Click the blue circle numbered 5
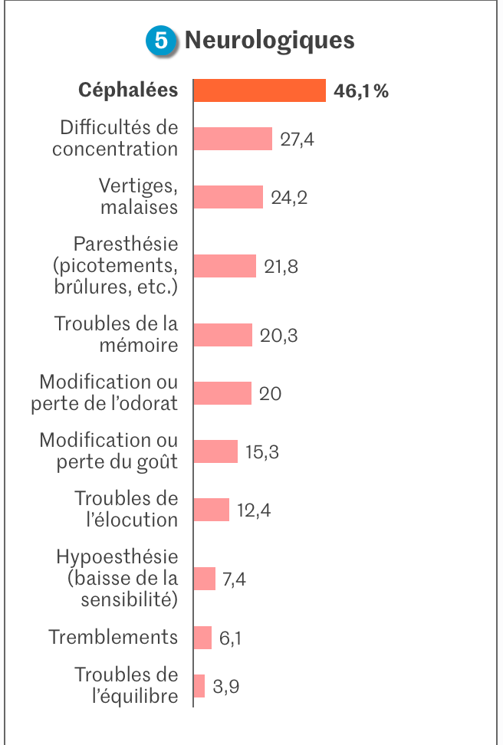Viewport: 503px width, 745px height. [161, 41]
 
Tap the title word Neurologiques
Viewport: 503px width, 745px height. [269, 40]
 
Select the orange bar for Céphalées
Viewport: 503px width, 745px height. [259, 90]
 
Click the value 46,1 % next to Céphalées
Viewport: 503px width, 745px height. [361, 91]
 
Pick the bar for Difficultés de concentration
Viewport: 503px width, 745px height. [233, 139]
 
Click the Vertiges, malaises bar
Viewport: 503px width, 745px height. [228, 197]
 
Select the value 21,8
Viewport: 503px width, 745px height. [281, 267]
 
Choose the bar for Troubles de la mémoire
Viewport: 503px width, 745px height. [222, 335]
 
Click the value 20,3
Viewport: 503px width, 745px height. [278, 336]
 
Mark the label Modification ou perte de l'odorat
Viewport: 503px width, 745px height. [104, 392]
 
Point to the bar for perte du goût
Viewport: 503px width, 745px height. [215, 451]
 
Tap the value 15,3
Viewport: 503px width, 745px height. [261, 452]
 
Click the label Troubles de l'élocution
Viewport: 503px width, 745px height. [127, 509]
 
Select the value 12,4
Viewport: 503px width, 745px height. [254, 510]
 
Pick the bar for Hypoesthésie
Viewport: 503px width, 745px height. [205, 579]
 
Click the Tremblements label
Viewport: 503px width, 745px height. [113, 637]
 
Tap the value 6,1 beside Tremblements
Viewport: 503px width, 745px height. [230, 638]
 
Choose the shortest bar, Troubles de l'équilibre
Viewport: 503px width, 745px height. [199, 686]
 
